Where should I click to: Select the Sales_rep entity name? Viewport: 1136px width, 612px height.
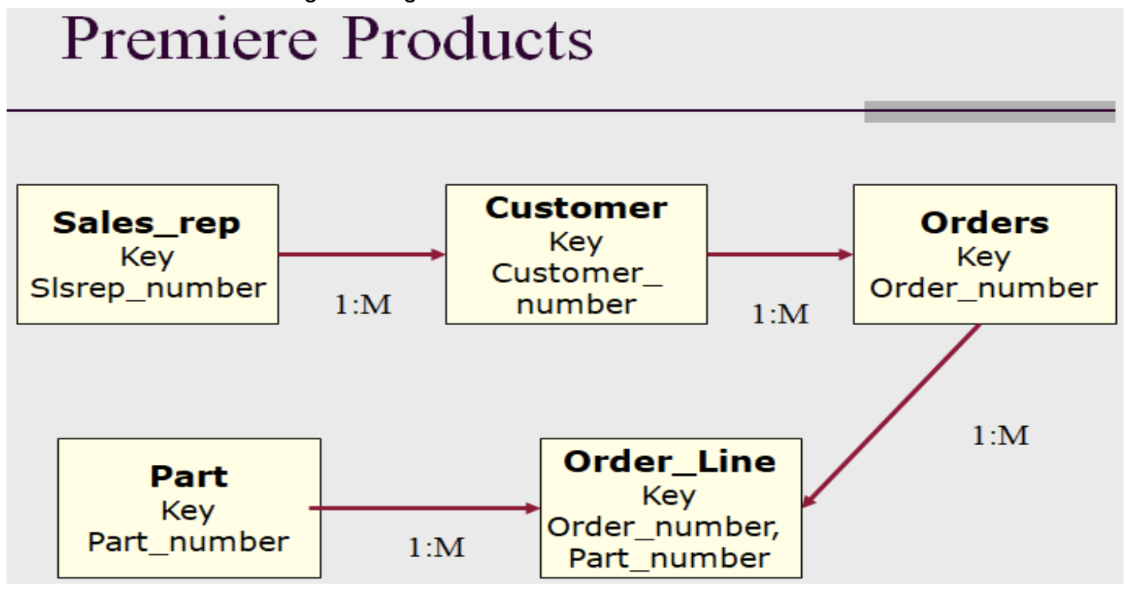pyautogui.click(x=146, y=223)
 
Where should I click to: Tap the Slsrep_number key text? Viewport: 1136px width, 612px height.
pyautogui.click(x=148, y=288)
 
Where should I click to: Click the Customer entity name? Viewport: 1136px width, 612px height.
pyautogui.click(x=576, y=207)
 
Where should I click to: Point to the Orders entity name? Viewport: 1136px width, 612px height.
pyautogui.click(x=984, y=223)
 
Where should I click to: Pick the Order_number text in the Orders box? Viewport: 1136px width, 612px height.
pyautogui.click(x=984, y=288)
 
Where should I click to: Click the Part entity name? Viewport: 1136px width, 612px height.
pyautogui.click(x=189, y=476)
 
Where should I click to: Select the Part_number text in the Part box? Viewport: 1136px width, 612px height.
pyautogui.click(x=189, y=542)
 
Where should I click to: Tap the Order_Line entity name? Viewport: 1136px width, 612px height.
pyautogui.click(x=670, y=461)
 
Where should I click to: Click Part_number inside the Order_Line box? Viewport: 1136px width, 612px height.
pyautogui.click(x=670, y=558)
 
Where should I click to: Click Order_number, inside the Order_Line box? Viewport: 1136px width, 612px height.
pyautogui.click(x=664, y=527)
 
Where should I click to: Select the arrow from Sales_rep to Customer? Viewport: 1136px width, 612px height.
pyautogui.click(x=361, y=254)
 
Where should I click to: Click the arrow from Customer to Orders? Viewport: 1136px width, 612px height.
pyautogui.click(x=780, y=254)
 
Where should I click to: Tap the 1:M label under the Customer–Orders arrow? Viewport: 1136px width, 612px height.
pyautogui.click(x=780, y=315)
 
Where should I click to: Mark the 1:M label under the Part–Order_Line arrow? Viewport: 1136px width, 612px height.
pyautogui.click(x=437, y=548)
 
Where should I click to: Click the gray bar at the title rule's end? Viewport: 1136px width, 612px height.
pyautogui.click(x=989, y=112)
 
